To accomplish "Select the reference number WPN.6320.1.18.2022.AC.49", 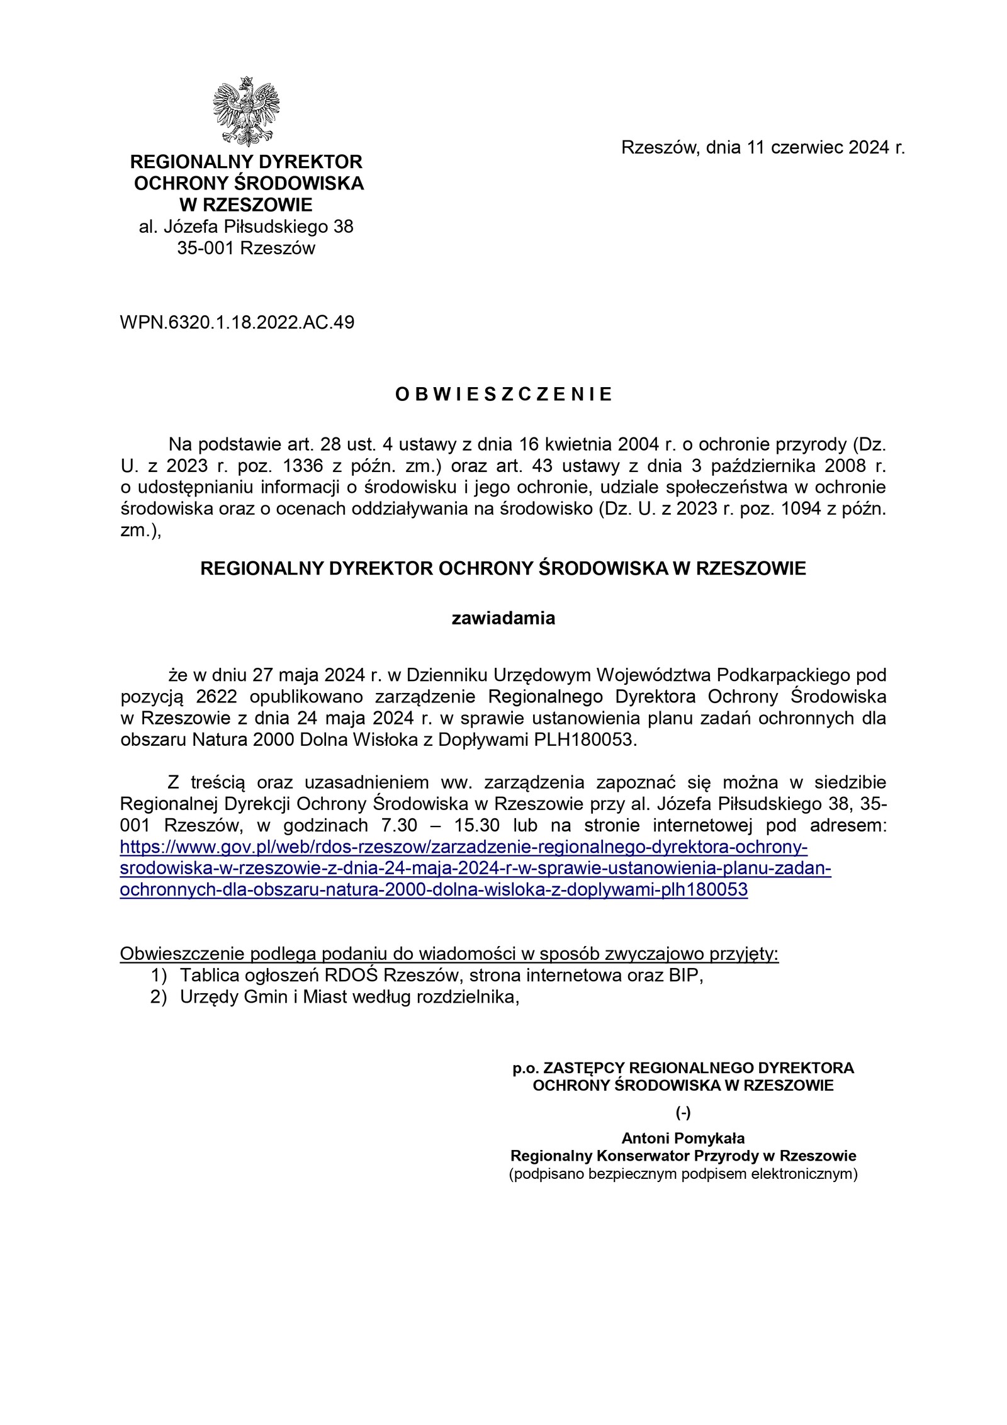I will pos(237,323).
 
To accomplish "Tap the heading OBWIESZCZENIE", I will pos(503,395).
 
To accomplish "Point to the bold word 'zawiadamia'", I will pos(503,619).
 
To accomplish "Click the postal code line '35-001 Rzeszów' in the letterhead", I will pos(246,248).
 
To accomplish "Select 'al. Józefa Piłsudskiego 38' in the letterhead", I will pos(246,227).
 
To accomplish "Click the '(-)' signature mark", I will pos(683,1112).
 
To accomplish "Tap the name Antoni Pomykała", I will pos(683,1138).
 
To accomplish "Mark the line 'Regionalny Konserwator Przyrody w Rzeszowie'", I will pos(683,1156).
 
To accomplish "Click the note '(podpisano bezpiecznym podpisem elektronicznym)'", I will pos(683,1174).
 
